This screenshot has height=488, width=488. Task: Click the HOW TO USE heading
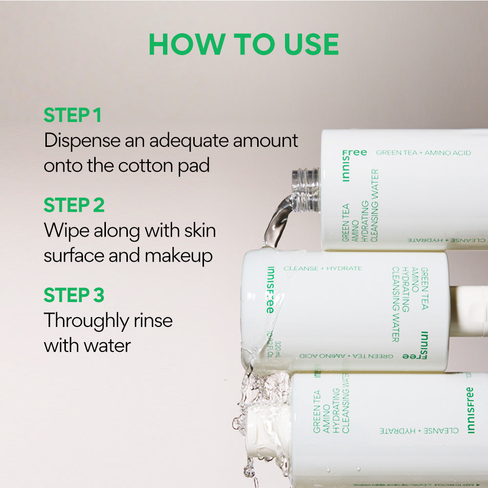pos(244,45)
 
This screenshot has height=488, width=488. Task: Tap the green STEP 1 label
pos(72,116)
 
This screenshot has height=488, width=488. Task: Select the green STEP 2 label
pos(74,205)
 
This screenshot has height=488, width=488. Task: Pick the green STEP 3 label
pos(74,295)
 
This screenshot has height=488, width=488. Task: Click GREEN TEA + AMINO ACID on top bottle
pos(423,153)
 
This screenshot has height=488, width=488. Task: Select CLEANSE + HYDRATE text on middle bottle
pos(323,268)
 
